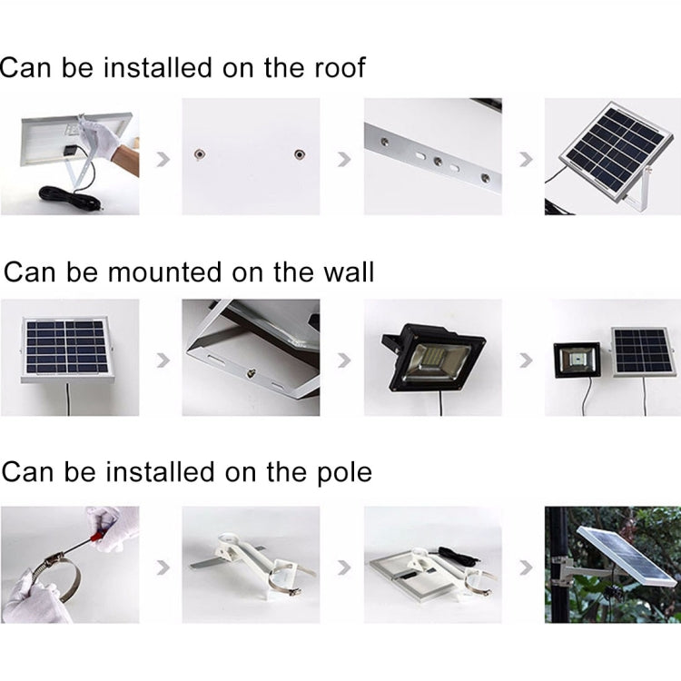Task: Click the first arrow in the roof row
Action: (x=163, y=159)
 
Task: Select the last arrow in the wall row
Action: (x=525, y=360)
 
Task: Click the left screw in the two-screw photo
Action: (x=196, y=154)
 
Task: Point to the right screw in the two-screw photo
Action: (x=297, y=154)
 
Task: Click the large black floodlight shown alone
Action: (x=435, y=359)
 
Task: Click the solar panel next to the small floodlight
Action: (x=643, y=351)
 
